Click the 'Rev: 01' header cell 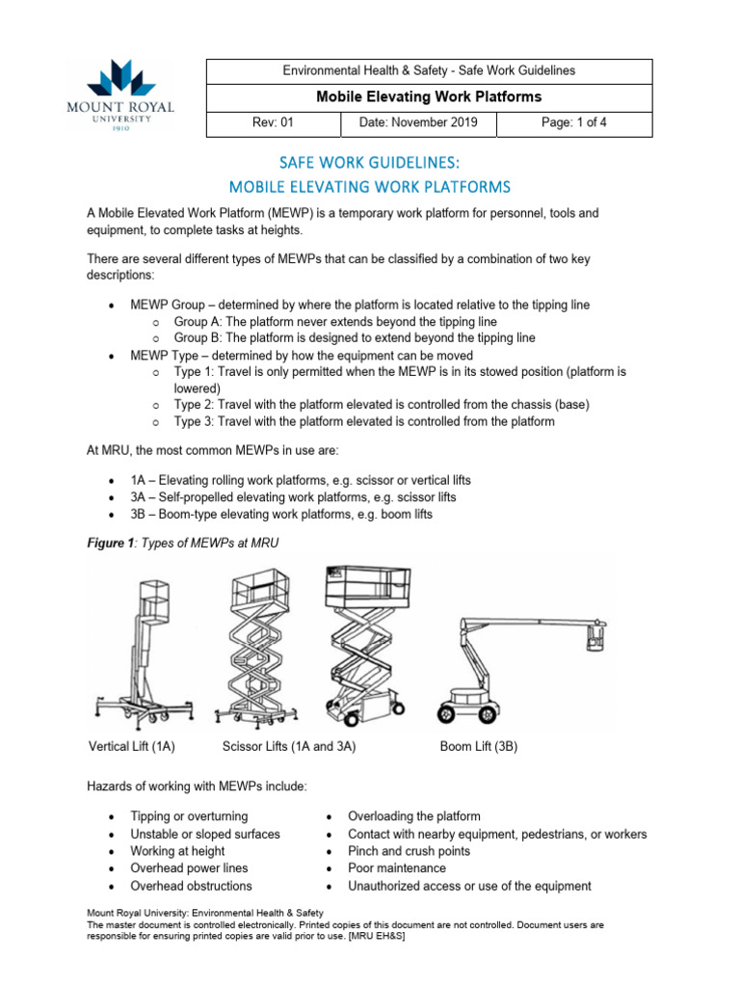(274, 123)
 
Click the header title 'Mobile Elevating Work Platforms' (429, 96)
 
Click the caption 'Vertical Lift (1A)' (132, 746)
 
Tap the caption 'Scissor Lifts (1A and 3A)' (289, 746)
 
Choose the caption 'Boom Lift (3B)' (478, 746)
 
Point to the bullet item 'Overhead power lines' (189, 868)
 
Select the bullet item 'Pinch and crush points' (409, 851)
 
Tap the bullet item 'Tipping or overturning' (189, 816)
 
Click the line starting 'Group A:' (335, 321)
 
